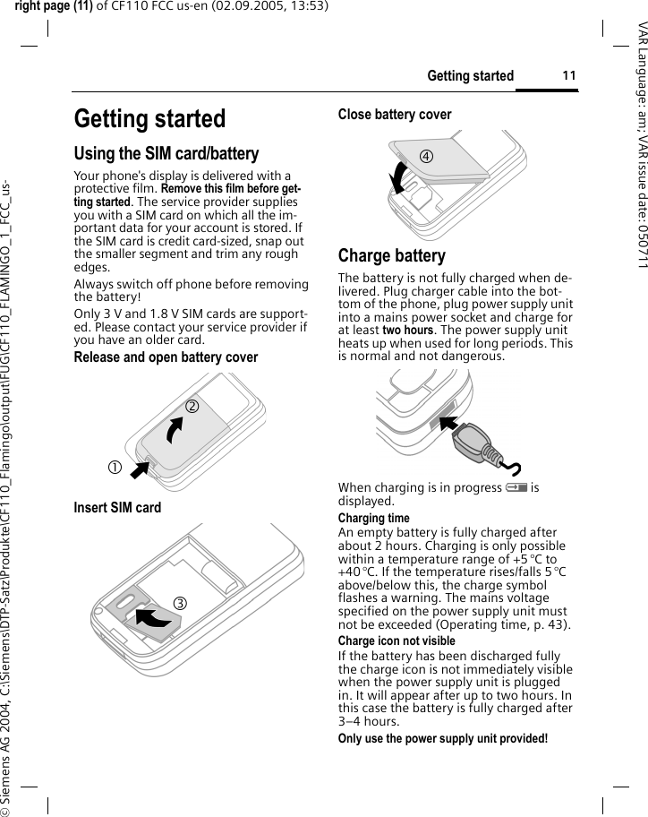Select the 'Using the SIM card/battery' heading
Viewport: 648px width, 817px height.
(166, 154)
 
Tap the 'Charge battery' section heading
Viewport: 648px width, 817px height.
(391, 255)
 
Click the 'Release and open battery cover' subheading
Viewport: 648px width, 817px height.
(166, 357)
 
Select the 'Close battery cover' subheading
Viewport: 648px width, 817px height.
(395, 114)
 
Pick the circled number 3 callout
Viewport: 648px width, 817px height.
(180, 602)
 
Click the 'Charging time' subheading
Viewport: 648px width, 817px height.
(373, 519)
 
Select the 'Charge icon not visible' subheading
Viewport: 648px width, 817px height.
(396, 641)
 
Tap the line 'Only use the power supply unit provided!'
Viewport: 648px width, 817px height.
(442, 738)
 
